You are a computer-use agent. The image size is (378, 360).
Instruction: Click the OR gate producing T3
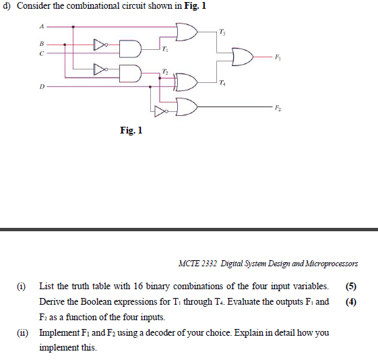coord(187,33)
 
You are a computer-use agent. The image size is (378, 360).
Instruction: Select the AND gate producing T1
coord(131,49)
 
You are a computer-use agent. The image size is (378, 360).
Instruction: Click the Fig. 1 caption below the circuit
coord(131,129)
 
